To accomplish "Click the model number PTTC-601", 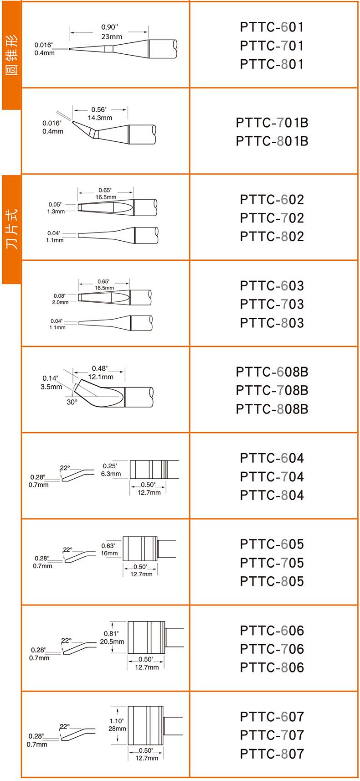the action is (x=272, y=27).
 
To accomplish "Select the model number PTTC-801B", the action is (x=272, y=141).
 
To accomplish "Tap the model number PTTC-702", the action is (x=272, y=218).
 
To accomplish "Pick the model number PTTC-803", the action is (x=272, y=323).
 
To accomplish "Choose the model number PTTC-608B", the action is (x=272, y=372).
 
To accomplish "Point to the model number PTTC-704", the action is (x=272, y=476).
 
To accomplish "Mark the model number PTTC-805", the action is (x=272, y=581).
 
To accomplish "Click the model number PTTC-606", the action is (x=272, y=631).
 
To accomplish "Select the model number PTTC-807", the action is (x=272, y=754).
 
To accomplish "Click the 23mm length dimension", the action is (x=112, y=36).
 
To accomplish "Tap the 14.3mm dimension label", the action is (x=100, y=118).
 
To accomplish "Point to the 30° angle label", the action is (x=72, y=402).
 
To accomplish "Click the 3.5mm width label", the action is (x=51, y=387).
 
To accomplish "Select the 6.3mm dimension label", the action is (x=111, y=474).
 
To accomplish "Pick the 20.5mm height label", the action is (x=112, y=641).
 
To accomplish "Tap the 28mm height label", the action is (x=117, y=729).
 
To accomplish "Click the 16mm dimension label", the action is (x=109, y=553).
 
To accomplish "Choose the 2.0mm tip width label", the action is (x=60, y=302).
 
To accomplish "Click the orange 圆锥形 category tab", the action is (x=11, y=55).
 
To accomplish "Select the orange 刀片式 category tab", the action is (x=11, y=229).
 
